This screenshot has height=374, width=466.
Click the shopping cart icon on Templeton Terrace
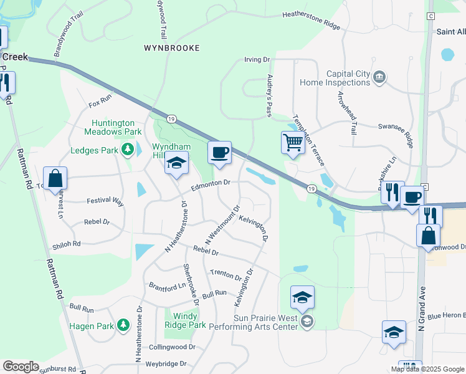coord(293,143)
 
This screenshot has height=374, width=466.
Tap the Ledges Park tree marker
coord(128,150)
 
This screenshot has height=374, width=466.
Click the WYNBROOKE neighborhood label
coord(172,47)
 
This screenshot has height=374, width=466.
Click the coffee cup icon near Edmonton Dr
coord(219,153)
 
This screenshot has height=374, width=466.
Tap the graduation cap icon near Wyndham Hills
coord(176,164)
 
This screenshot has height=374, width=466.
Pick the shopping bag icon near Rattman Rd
coord(55,178)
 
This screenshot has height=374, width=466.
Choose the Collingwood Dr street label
coord(172,347)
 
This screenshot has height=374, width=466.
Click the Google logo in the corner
coord(21,367)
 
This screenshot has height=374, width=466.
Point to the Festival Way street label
coord(105,201)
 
